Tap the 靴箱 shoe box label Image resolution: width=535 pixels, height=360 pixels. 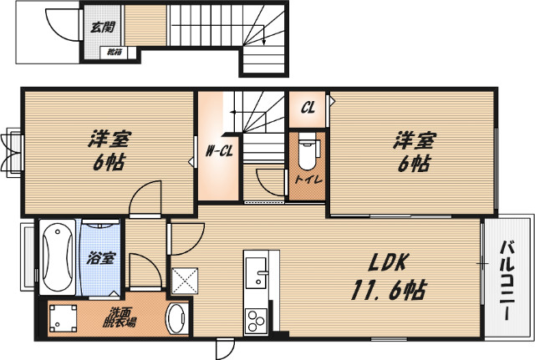[x=112, y=52]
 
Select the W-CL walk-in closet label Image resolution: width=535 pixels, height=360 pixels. [x=218, y=151]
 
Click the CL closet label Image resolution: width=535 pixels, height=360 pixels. [x=308, y=108]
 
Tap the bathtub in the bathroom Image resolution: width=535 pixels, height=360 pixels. [x=58, y=255]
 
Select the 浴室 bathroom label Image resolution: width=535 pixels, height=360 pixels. [x=101, y=258]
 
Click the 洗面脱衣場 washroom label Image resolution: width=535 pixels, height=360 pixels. [x=118, y=316]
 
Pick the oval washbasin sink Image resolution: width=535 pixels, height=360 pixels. [x=177, y=319]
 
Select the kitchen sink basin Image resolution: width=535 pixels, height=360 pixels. [x=257, y=271]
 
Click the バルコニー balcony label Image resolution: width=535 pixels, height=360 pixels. [x=509, y=281]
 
